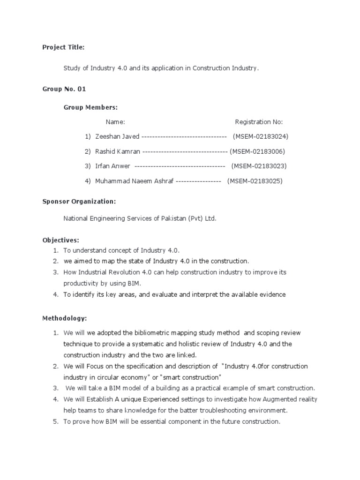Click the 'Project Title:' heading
pos(63,47)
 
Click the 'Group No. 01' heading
pos(64,89)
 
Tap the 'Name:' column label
pos(115,122)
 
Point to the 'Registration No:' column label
pos(259,122)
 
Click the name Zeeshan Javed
pos(117,136)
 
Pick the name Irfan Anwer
pos(112,166)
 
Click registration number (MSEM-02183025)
pos(255,181)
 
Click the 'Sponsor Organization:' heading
pos(79,201)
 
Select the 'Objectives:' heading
pos(60,240)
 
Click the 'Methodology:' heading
pos(65,318)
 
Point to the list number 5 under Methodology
pos(55,421)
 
